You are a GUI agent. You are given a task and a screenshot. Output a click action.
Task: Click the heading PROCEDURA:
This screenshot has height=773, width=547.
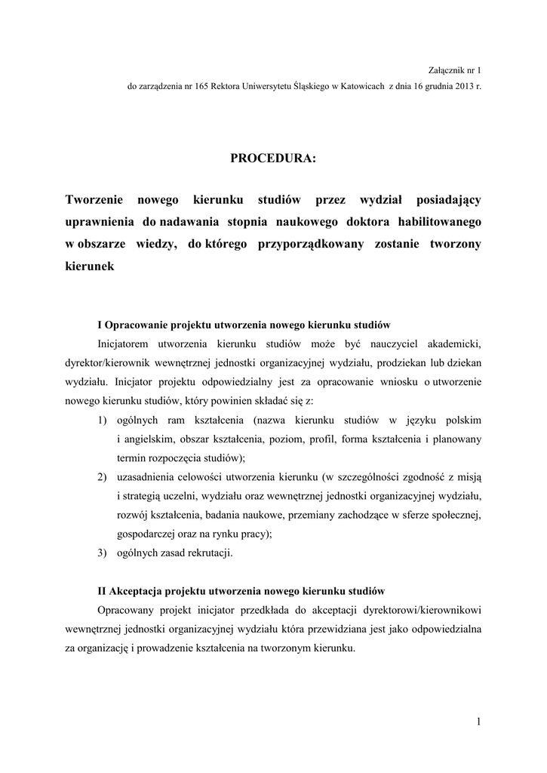273,159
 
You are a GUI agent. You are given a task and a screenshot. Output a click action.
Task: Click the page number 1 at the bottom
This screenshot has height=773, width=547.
478,722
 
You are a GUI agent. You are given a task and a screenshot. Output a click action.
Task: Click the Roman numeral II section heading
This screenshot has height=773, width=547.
241,590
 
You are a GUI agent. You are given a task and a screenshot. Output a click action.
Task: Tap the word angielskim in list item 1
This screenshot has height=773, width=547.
146,439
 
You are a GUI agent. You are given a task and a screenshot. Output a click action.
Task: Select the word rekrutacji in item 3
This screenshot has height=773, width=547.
209,553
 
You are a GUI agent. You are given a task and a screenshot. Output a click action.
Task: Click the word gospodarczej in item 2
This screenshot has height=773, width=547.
147,534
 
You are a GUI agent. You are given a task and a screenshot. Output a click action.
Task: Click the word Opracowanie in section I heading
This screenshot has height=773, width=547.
141,325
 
